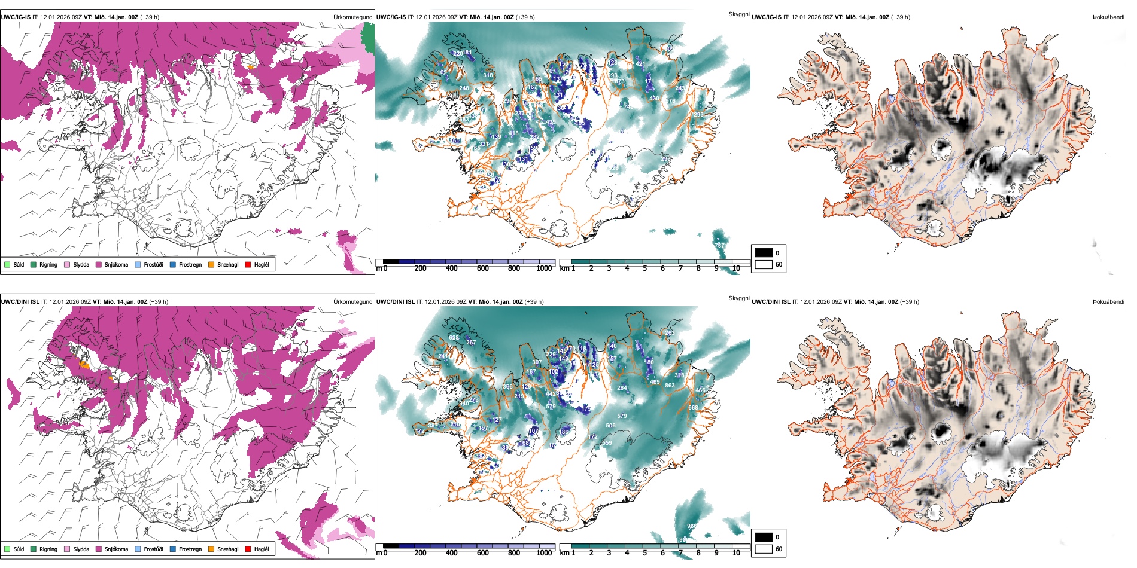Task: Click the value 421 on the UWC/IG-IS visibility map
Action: pyautogui.click(x=640, y=63)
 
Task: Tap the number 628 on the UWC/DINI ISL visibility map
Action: pyautogui.click(x=454, y=338)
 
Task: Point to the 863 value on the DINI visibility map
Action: pyautogui.click(x=670, y=386)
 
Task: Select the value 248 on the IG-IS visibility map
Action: pyautogui.click(x=464, y=88)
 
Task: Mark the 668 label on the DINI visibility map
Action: pyautogui.click(x=693, y=408)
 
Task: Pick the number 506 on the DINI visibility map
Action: pyautogui.click(x=610, y=426)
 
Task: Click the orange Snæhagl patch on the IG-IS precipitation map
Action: pyautogui.click(x=251, y=67)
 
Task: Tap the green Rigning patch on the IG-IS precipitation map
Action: pyautogui.click(x=368, y=39)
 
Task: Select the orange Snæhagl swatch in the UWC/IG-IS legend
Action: pyautogui.click(x=212, y=264)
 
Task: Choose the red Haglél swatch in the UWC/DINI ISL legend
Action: pyautogui.click(x=248, y=549)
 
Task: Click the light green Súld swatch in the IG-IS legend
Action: pyautogui.click(x=7, y=264)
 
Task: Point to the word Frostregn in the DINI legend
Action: pyautogui.click(x=190, y=549)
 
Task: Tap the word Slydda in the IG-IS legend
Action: pyautogui.click(x=81, y=264)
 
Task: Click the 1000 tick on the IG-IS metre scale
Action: pyautogui.click(x=544, y=268)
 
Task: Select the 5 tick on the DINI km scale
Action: pyautogui.click(x=644, y=553)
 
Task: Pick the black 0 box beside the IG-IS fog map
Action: pyautogui.click(x=764, y=253)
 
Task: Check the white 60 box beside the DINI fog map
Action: pyautogui.click(x=764, y=548)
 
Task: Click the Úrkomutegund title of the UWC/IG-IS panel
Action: pyautogui.click(x=352, y=17)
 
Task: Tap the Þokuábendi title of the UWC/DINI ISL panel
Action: pyautogui.click(x=1108, y=302)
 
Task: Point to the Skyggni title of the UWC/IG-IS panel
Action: pyautogui.click(x=738, y=14)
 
